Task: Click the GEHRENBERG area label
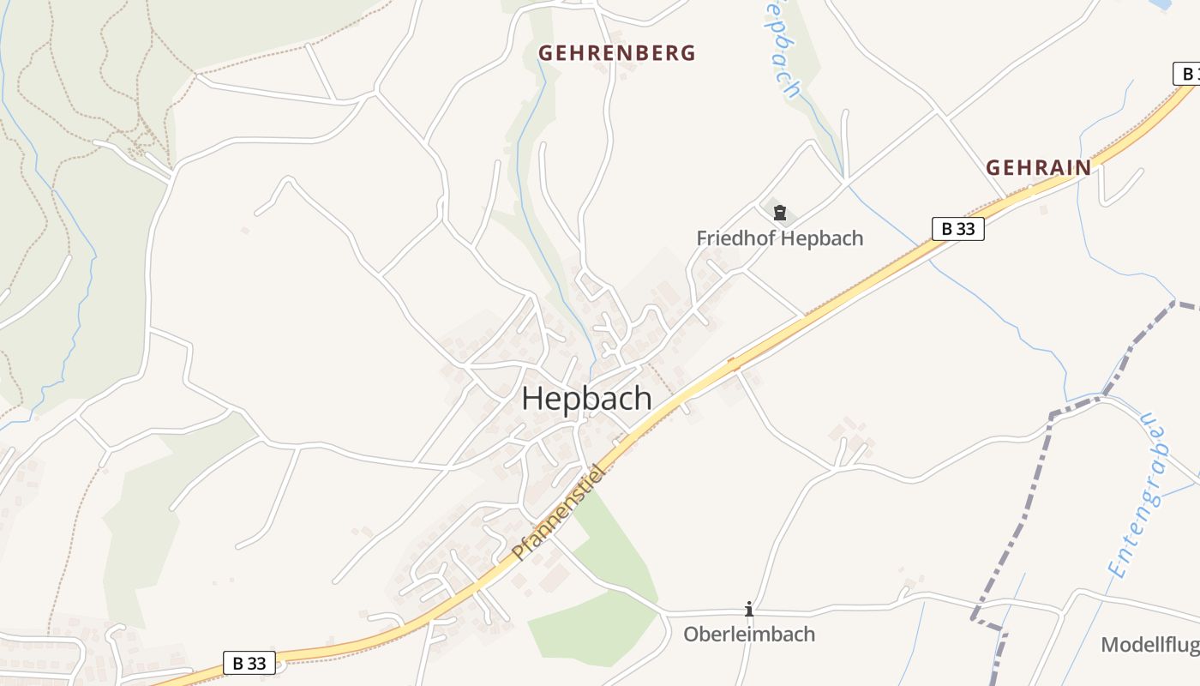pyautogui.click(x=616, y=53)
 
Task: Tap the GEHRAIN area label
pyautogui.click(x=1038, y=167)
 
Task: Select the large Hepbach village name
pyautogui.click(x=586, y=400)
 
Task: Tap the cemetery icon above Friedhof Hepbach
pyautogui.click(x=780, y=213)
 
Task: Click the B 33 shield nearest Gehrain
pyautogui.click(x=957, y=229)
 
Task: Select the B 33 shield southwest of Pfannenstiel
pyautogui.click(x=249, y=663)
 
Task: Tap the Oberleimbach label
pyautogui.click(x=748, y=635)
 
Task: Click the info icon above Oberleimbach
pyautogui.click(x=749, y=609)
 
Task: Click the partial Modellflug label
pyautogui.click(x=1149, y=645)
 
